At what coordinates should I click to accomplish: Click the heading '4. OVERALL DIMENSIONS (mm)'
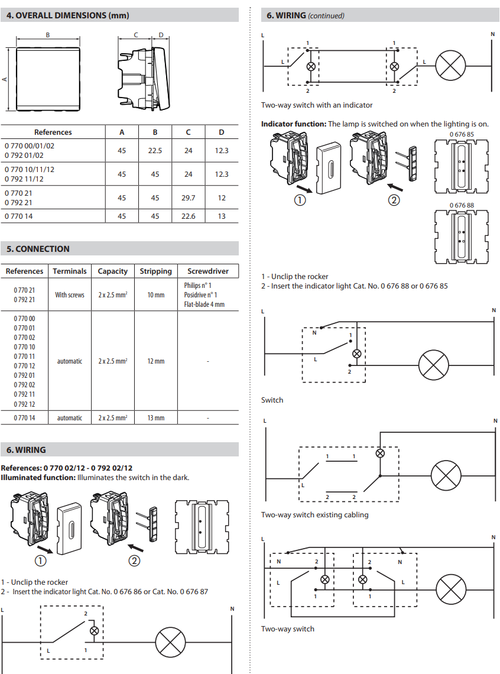[x=68, y=15]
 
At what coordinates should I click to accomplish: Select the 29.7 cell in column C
[x=188, y=198]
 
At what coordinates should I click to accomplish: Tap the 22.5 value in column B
[x=155, y=151]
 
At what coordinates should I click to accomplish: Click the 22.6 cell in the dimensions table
[x=188, y=216]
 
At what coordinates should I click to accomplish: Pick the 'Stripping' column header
[x=156, y=271]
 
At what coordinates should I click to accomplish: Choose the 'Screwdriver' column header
[x=208, y=271]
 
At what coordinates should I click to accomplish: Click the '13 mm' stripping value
[x=156, y=418]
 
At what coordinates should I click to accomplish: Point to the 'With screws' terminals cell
[x=70, y=295]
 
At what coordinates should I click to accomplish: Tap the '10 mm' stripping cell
[x=156, y=295]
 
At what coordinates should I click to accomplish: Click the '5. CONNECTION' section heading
[x=38, y=249]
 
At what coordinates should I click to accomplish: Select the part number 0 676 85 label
[x=461, y=134]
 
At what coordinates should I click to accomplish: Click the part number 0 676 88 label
[x=461, y=205]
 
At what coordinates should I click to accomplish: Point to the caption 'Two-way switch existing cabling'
[x=314, y=515]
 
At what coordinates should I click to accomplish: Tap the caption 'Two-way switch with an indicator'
[x=317, y=105]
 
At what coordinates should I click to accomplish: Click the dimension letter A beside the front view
[x=5, y=79]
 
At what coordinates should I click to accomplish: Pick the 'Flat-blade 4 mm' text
[x=204, y=304]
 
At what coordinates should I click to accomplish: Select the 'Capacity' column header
[x=112, y=271]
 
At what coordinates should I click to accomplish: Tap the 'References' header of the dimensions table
[x=53, y=132]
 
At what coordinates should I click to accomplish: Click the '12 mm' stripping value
[x=156, y=361]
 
